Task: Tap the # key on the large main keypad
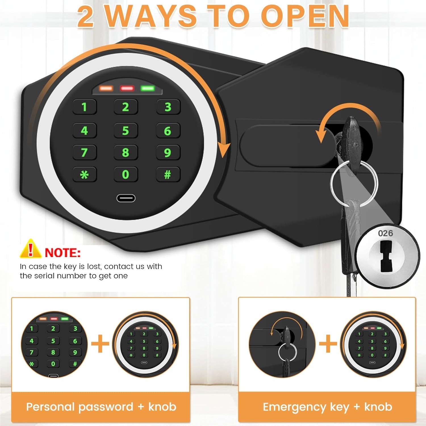[x=168, y=174]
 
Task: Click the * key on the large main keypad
[x=84, y=175]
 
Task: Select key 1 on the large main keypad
[x=84, y=107]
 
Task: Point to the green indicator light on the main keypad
[x=147, y=88]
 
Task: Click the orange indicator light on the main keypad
[x=106, y=88]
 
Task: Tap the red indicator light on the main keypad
[x=127, y=88]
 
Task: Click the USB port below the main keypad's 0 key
[x=126, y=198]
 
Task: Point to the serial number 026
[x=385, y=233]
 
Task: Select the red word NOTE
[x=63, y=253]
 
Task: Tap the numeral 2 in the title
[x=85, y=17]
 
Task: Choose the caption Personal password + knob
[x=101, y=407]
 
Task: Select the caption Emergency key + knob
[x=327, y=407]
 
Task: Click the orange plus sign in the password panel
[x=100, y=343]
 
